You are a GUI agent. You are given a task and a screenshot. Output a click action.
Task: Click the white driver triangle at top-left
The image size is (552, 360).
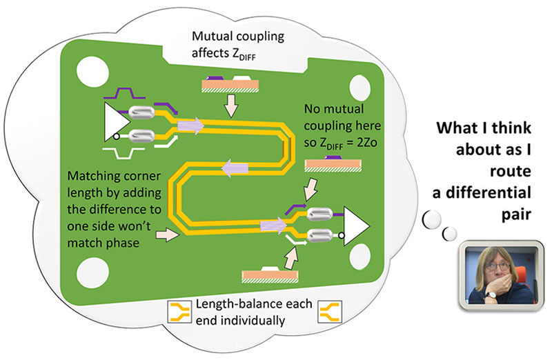click(115, 122)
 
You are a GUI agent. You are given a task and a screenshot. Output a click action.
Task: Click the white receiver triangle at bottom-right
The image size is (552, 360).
click(354, 226)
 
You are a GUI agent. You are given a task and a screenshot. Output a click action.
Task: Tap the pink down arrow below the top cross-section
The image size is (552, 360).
click(231, 106)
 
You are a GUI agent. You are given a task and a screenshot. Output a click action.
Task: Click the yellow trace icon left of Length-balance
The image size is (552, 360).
click(180, 312)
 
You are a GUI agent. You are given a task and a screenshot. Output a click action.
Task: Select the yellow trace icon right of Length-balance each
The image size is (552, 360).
click(330, 312)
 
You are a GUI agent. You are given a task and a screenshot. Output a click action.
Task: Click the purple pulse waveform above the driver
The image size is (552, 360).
click(124, 92)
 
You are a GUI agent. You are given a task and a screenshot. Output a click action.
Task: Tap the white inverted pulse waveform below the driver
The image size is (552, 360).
click(124, 152)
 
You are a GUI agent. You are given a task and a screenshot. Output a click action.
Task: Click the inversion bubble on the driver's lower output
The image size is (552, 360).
click(116, 137)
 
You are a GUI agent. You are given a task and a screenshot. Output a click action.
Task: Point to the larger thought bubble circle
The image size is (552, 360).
click(431, 219)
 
